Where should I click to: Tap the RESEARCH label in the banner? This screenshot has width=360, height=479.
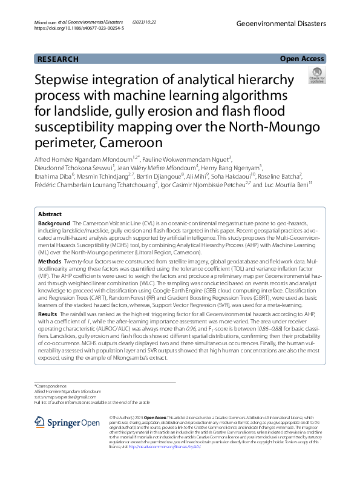coord(58,59)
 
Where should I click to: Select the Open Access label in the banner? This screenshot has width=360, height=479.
coord(302,59)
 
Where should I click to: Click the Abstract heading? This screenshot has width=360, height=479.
coord(50,214)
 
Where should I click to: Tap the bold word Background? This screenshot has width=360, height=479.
coord(54,224)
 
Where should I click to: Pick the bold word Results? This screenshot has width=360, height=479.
coord(49,315)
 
